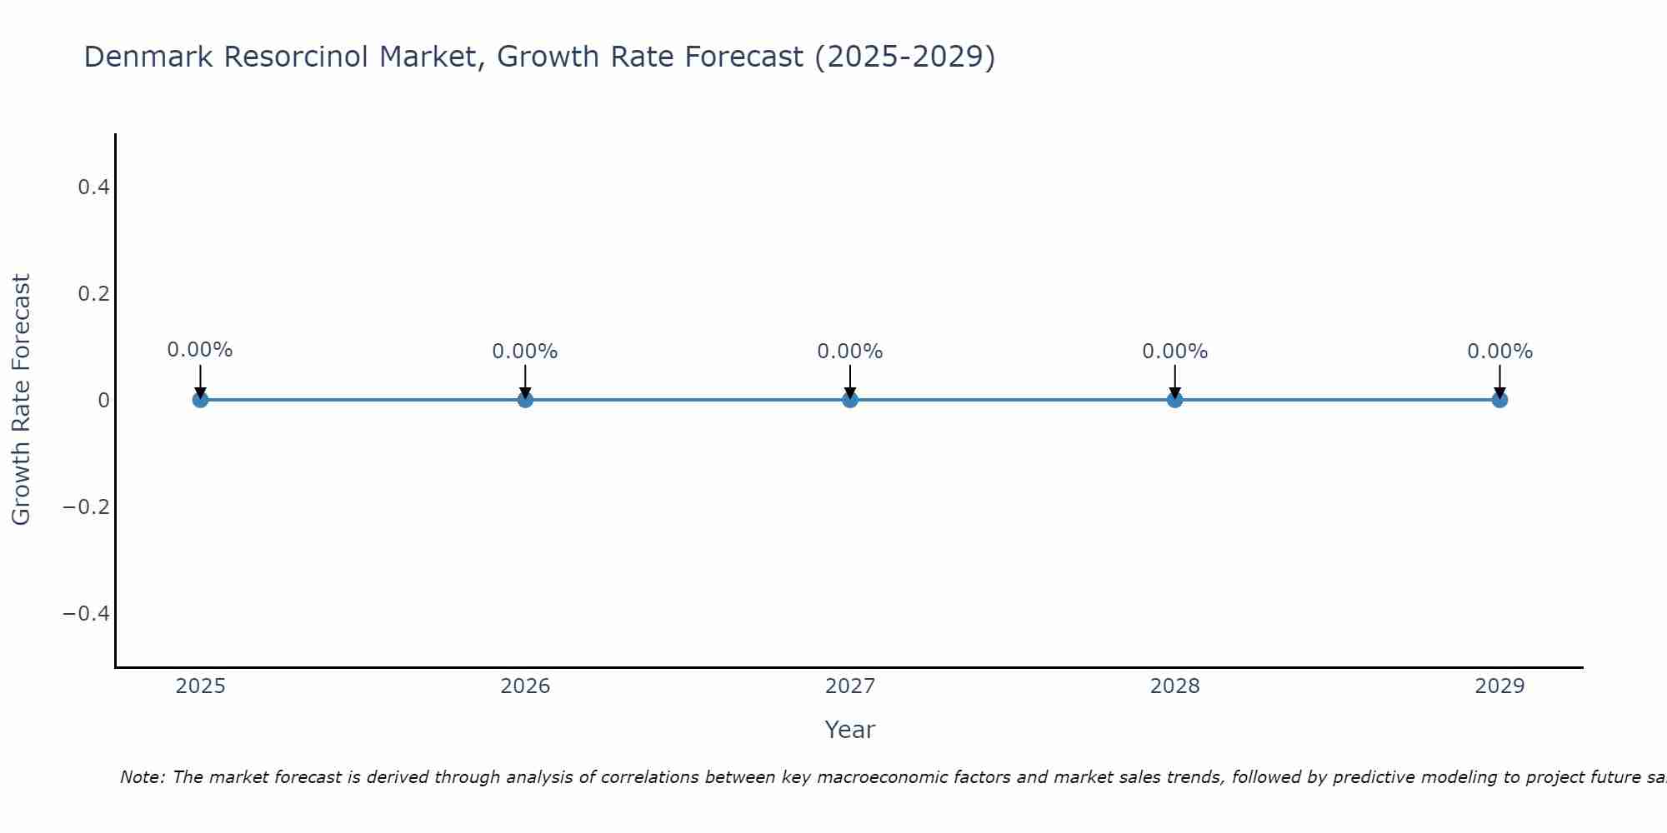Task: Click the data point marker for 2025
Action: click(x=200, y=400)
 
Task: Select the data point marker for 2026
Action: click(x=525, y=400)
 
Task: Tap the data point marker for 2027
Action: click(x=850, y=400)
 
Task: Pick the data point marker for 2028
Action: click(x=1174, y=400)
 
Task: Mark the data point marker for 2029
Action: click(x=1499, y=400)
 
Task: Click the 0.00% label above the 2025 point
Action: click(x=200, y=350)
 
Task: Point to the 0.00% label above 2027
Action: click(x=850, y=352)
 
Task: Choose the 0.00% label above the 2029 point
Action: click(x=1499, y=352)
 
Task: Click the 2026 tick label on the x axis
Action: click(x=525, y=686)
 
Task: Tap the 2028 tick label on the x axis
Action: click(x=1174, y=686)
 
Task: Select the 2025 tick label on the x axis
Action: click(x=201, y=686)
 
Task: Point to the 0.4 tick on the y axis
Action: click(x=93, y=187)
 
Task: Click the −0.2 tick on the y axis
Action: click(x=87, y=507)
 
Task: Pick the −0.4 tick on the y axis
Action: click(x=87, y=614)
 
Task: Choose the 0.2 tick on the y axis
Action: click(x=93, y=294)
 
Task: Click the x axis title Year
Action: click(x=849, y=730)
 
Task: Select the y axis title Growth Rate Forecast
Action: click(x=21, y=400)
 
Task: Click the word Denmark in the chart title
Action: click(x=149, y=57)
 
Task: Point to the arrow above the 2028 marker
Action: click(x=1174, y=380)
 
